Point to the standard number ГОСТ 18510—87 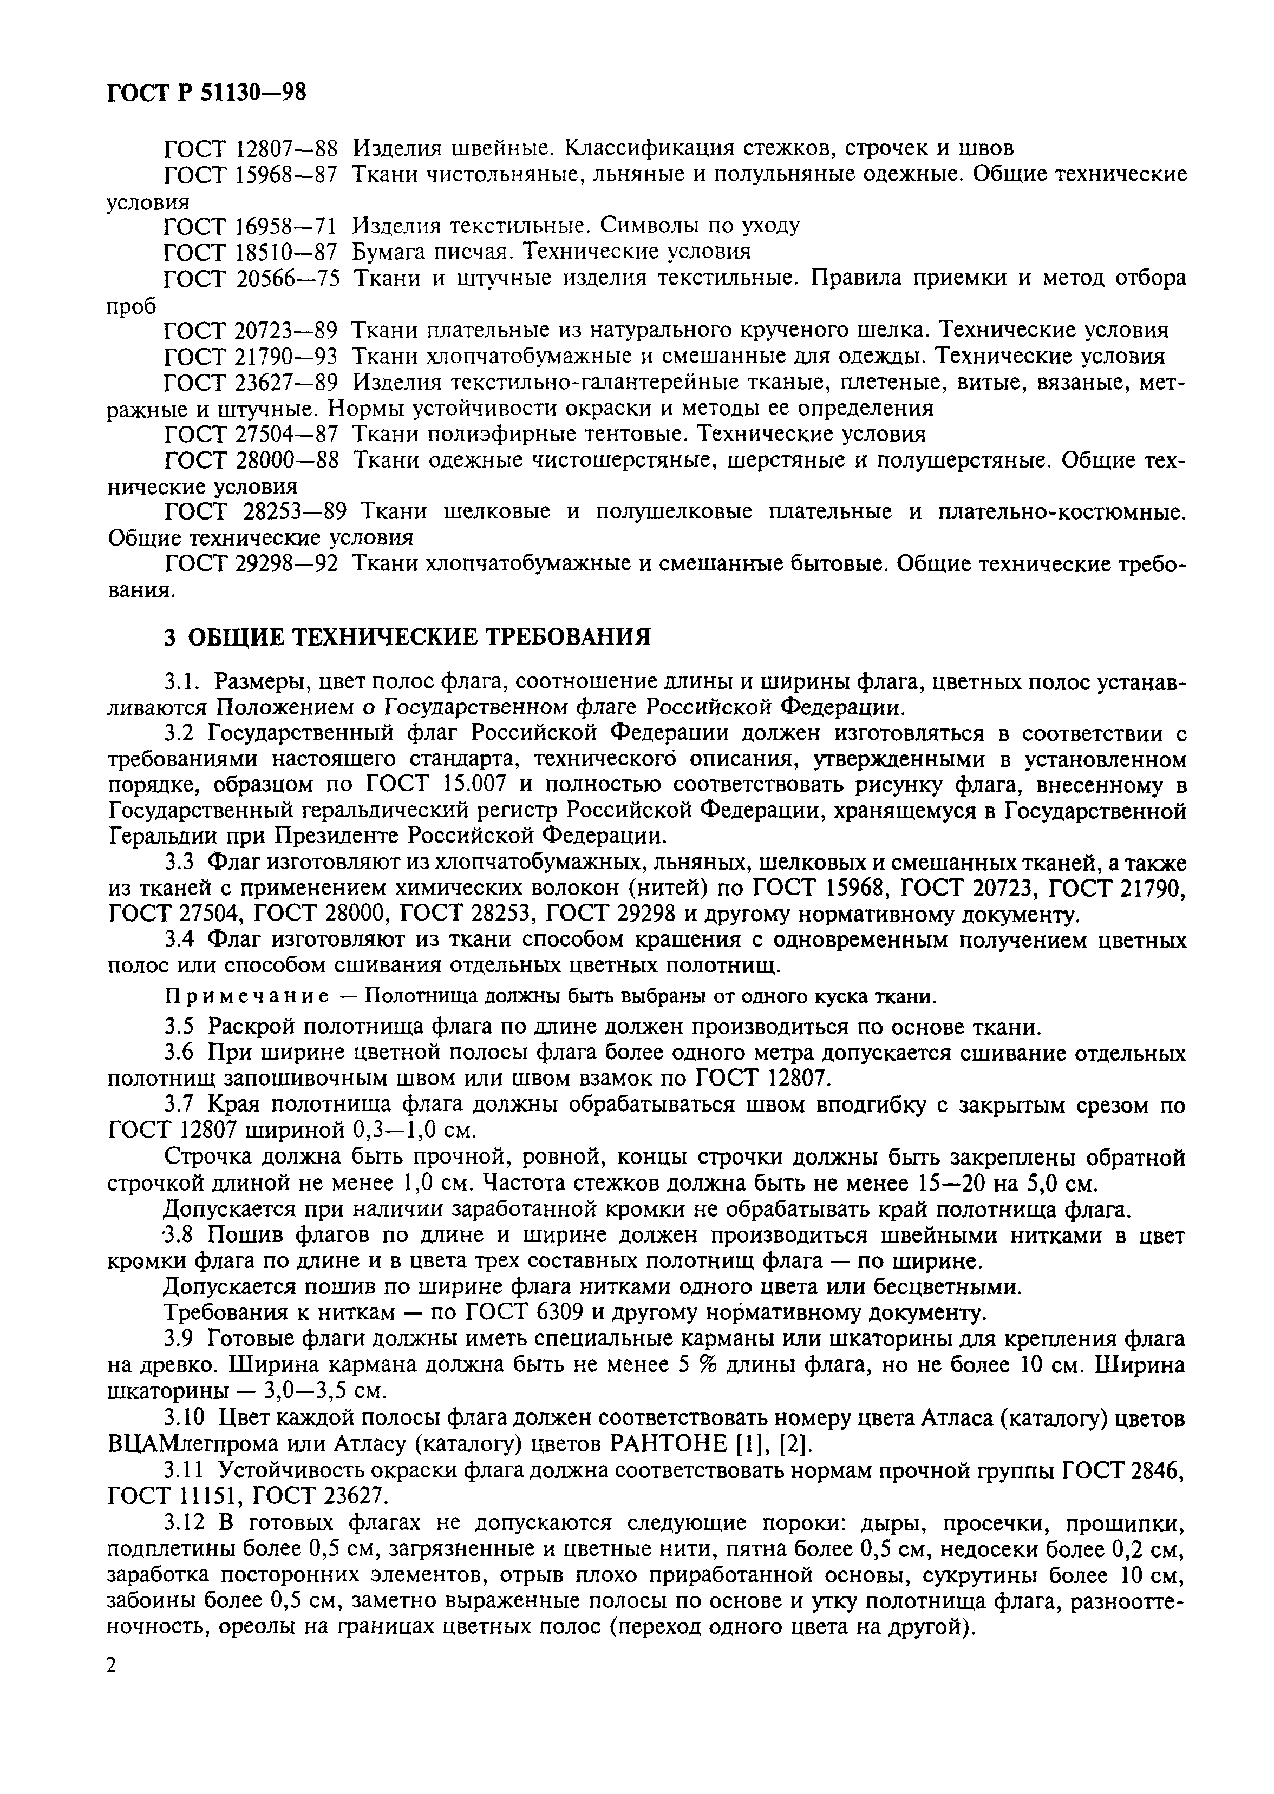pos(250,252)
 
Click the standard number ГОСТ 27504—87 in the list pos(250,433)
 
